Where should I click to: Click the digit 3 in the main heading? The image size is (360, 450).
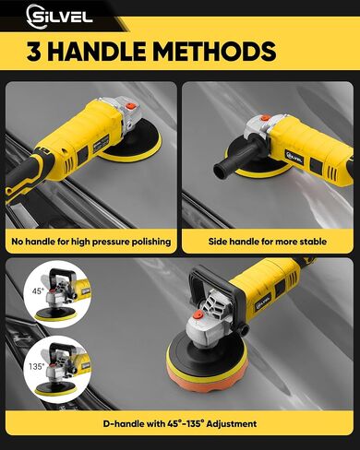[34, 51]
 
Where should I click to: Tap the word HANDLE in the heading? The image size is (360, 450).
[97, 51]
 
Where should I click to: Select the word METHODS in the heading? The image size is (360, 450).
[214, 51]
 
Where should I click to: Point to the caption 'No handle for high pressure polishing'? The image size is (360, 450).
[91, 242]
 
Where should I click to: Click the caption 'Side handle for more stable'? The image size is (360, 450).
[268, 242]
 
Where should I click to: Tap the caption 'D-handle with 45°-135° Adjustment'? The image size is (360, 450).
[180, 424]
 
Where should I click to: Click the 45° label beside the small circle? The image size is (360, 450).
[39, 290]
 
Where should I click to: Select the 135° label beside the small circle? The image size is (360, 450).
[37, 366]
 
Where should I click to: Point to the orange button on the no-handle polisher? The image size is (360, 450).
[131, 107]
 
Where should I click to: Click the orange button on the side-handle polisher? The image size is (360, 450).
[264, 118]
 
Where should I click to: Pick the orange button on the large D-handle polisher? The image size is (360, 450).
[198, 315]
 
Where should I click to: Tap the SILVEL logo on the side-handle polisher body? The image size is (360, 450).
[294, 157]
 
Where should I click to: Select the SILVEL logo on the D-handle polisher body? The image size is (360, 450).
[263, 302]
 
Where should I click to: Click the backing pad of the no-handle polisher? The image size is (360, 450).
[132, 145]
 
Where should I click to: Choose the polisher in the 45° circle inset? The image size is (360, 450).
[61, 294]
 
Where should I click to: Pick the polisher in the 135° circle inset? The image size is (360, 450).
[62, 369]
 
